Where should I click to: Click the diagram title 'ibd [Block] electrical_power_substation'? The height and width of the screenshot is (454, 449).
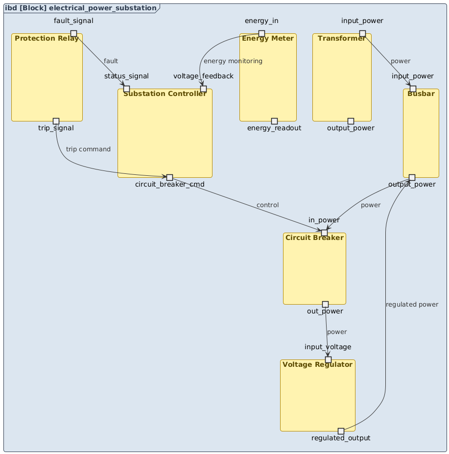pyautogui.click(x=81, y=8)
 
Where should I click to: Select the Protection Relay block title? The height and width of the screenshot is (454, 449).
pyautogui.click(x=47, y=39)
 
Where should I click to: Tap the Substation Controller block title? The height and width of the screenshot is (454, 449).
pyautogui.click(x=165, y=94)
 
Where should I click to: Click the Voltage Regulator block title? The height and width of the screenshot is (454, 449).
pyautogui.click(x=317, y=365)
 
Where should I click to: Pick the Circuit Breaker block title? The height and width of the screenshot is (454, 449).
pyautogui.click(x=314, y=238)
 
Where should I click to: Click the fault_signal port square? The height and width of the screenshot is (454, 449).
pyautogui.click(x=73, y=33)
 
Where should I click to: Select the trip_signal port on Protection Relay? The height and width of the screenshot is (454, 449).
pyautogui.click(x=56, y=121)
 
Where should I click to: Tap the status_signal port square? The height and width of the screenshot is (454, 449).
pyautogui.click(x=126, y=89)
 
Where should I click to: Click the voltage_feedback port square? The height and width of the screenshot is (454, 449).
pyautogui.click(x=203, y=89)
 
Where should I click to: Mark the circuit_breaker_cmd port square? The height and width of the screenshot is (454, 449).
pyautogui.click(x=169, y=177)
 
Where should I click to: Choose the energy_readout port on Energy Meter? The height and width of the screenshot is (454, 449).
pyautogui.click(x=274, y=121)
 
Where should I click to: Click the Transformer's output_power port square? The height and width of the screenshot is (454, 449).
pyautogui.click(x=351, y=121)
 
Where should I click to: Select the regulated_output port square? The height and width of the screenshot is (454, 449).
pyautogui.click(x=341, y=431)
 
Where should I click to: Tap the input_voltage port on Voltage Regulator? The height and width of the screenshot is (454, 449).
pyautogui.click(x=328, y=359)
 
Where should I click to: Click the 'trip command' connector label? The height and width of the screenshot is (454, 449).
pyautogui.click(x=88, y=149)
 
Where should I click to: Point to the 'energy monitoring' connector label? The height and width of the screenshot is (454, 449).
pyautogui.click(x=233, y=61)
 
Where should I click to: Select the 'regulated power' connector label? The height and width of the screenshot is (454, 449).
pyautogui.click(x=412, y=305)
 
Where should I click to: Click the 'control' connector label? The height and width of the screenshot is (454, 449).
pyautogui.click(x=267, y=205)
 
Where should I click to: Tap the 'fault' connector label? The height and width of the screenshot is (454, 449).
pyautogui.click(x=111, y=61)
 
